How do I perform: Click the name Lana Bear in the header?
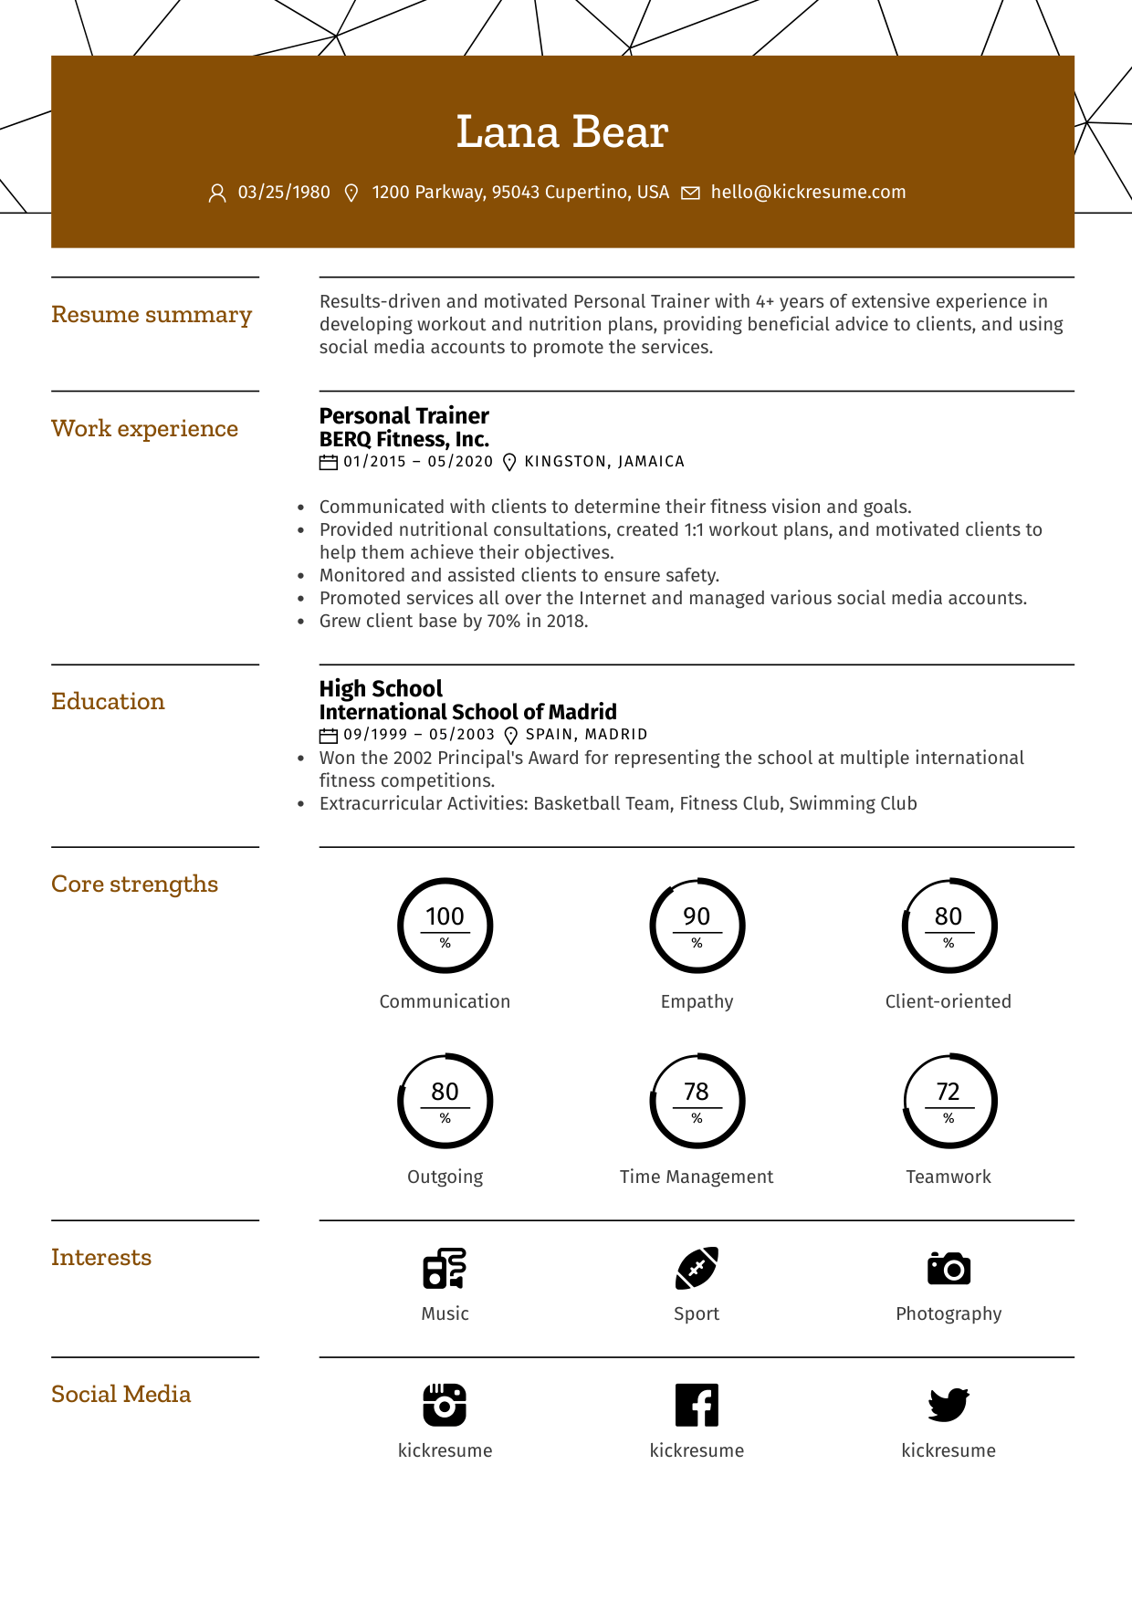point(562,132)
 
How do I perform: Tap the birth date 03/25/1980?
point(284,193)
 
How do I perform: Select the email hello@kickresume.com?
point(808,193)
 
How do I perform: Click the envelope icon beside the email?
point(691,194)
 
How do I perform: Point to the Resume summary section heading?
point(152,315)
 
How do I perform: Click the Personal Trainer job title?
point(404,416)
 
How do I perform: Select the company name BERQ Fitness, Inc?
point(404,440)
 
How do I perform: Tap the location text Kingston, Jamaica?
point(604,462)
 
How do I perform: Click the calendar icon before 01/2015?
point(329,463)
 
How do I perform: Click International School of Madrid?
point(468,712)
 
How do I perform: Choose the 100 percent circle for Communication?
point(445,926)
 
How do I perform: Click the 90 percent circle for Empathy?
point(697,926)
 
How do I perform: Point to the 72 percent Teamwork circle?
point(949,1101)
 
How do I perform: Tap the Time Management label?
point(697,1177)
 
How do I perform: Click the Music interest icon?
point(445,1269)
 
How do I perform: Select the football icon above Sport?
point(697,1269)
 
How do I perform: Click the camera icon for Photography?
point(949,1269)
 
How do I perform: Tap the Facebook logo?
point(697,1405)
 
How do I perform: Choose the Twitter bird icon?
point(949,1405)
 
